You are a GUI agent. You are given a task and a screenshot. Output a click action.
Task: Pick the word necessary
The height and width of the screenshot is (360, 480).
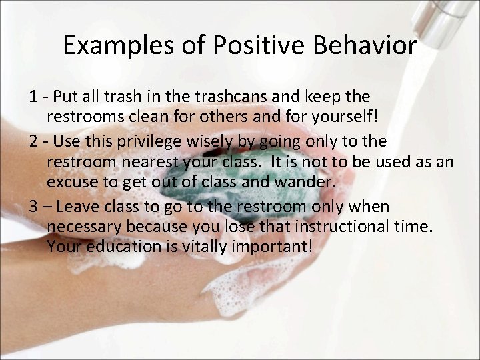coord(85,227)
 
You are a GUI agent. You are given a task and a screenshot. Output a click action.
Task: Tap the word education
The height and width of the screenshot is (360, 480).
coord(117,247)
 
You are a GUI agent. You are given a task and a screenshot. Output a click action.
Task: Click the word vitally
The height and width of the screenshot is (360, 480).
coord(195,247)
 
